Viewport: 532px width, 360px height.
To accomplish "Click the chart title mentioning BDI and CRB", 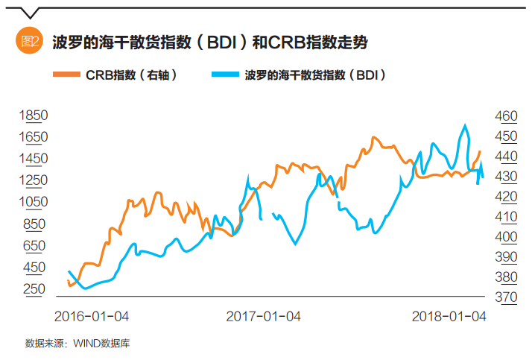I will point(210,42).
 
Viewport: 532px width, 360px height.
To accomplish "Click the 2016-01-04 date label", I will point(92,316).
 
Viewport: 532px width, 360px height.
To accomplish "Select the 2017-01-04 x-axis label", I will point(263,316).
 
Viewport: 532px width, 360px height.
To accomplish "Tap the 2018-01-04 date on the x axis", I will point(449,316).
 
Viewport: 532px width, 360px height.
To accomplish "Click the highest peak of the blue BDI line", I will point(466,125).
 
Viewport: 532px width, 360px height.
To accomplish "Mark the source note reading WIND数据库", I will point(82,344).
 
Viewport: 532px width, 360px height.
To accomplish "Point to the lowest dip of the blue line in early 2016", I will point(84,288).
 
